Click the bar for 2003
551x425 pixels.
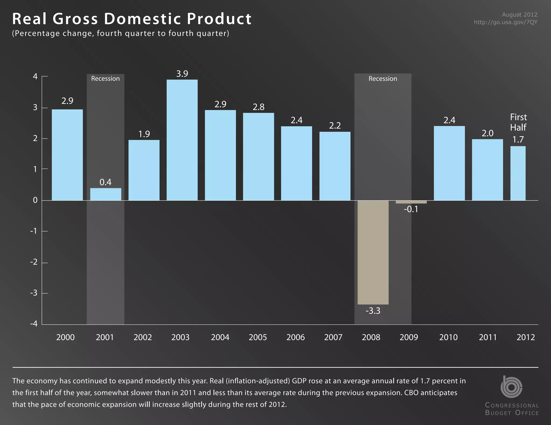tap(182, 140)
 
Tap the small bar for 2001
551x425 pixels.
tap(105, 194)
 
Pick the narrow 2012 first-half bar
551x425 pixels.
tap(518, 173)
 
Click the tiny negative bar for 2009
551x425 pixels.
tap(411, 202)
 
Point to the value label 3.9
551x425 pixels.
tap(182, 74)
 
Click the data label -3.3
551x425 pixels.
tap(373, 311)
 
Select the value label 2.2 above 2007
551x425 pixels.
tap(335, 125)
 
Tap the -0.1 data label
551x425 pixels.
tap(411, 209)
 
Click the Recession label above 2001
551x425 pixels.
tap(105, 79)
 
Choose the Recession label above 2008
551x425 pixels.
tap(383, 79)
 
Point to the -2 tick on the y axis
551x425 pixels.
tap(34, 262)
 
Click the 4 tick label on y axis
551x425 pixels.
tap(35, 77)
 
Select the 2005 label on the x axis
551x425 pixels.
tap(258, 337)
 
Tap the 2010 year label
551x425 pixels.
tap(448, 337)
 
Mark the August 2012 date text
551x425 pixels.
tap(520, 15)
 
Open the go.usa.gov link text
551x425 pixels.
tap(506, 22)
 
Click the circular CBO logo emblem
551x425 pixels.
tap(511, 387)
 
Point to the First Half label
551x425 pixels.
tap(518, 122)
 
